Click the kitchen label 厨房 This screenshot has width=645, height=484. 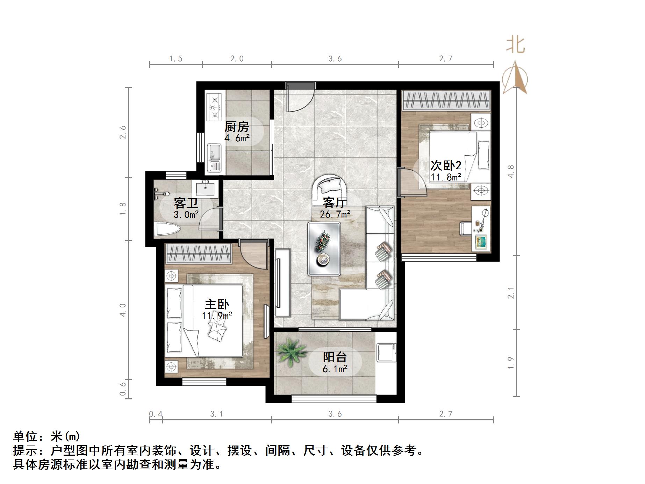(237, 127)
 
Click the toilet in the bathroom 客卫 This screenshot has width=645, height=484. (167, 229)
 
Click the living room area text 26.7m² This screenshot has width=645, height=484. (335, 214)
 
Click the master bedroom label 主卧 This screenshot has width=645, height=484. (217, 304)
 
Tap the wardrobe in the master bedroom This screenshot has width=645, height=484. (198, 254)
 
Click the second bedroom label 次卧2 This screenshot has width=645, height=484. (446, 165)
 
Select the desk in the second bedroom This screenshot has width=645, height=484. (481, 228)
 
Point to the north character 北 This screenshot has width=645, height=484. (515, 45)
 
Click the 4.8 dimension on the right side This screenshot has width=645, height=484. (511, 171)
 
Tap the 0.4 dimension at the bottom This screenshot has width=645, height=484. (156, 414)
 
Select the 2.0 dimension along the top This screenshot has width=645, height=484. (237, 58)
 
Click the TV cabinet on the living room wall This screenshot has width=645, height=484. (282, 283)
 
